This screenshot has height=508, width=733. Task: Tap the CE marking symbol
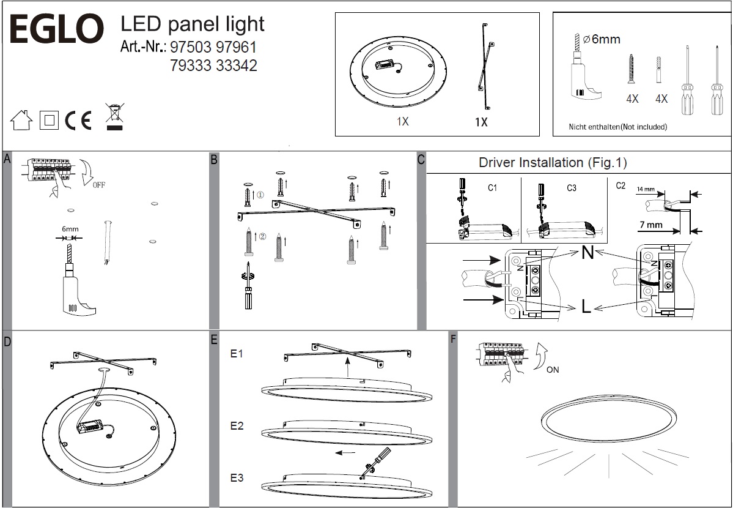78,121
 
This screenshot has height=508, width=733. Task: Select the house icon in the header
21,121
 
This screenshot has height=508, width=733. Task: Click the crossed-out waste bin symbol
114,118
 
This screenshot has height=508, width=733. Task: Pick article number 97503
190,47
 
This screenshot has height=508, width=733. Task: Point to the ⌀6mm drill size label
602,40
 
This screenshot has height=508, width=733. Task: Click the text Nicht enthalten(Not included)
617,127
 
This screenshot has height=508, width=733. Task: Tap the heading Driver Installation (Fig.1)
553,163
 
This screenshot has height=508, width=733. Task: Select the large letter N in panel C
587,252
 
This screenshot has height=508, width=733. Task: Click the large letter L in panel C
586,307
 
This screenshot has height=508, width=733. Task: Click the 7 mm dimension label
651,225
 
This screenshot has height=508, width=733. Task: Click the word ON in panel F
552,370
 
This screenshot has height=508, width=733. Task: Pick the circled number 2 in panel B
263,237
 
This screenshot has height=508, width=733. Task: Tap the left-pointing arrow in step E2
345,454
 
